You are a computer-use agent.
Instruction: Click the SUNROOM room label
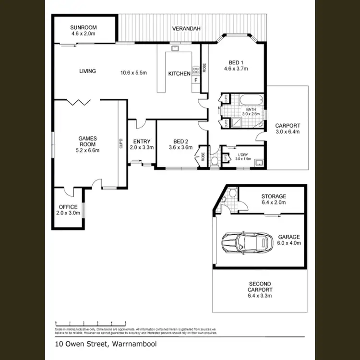point(84,27)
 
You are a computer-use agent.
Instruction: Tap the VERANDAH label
point(186,29)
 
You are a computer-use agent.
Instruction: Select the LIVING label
point(87,71)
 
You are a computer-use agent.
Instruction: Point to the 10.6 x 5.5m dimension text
point(133,73)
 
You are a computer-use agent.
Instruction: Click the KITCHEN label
point(179,74)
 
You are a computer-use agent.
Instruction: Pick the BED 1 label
point(235,63)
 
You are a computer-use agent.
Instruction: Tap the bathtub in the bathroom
point(251,100)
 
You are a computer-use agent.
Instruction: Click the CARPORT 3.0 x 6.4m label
point(287,128)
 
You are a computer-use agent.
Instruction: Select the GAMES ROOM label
point(88,142)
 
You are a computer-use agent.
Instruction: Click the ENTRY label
point(142,141)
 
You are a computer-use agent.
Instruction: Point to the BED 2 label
point(180,141)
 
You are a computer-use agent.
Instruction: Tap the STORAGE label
point(274,196)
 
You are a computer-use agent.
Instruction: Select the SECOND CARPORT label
point(260,287)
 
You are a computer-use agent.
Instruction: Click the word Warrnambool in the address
point(134,344)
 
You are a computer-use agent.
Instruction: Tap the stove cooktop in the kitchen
point(195,71)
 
